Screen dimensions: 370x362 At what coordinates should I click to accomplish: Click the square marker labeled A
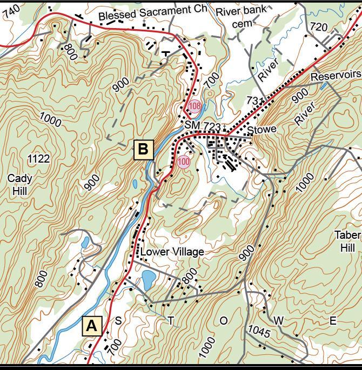click(92, 326)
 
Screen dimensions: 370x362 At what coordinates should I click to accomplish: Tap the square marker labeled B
click(143, 149)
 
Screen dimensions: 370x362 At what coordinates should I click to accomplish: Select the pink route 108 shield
click(195, 106)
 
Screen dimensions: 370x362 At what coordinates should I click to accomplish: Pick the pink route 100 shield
click(184, 161)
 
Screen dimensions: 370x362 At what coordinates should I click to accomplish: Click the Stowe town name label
click(262, 130)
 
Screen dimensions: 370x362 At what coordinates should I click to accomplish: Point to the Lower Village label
click(172, 252)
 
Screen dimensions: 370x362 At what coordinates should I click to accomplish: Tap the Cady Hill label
click(20, 184)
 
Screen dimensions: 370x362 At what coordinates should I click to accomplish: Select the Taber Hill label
click(346, 241)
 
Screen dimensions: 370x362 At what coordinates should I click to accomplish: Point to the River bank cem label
click(241, 16)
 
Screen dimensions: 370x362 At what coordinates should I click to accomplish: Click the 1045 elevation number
click(259, 331)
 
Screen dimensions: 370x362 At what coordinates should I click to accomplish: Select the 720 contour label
click(319, 27)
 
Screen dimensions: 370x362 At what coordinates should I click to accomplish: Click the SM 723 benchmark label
click(203, 125)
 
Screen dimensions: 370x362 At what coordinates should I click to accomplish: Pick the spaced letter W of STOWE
click(278, 321)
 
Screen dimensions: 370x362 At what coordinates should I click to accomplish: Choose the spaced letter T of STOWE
click(171, 321)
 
